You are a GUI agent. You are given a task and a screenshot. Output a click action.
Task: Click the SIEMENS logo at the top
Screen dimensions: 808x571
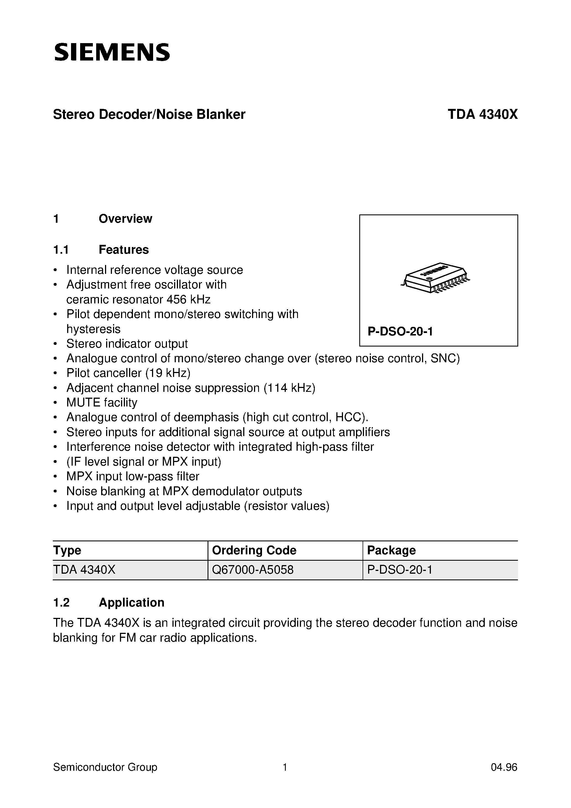click(112, 53)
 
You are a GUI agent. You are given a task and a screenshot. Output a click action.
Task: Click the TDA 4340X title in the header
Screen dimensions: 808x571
click(482, 115)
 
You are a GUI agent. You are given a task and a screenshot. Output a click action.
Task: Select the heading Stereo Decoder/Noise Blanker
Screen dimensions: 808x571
click(149, 115)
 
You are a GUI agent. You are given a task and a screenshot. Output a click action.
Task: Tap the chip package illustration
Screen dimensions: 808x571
click(436, 278)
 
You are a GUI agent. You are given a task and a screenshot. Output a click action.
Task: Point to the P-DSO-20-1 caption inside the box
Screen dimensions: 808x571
click(400, 332)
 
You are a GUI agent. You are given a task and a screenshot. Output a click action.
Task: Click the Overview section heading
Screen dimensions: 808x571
click(125, 219)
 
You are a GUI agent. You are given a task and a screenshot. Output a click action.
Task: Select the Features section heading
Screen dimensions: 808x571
click(124, 250)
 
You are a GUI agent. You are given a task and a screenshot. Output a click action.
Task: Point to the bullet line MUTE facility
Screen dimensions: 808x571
click(101, 403)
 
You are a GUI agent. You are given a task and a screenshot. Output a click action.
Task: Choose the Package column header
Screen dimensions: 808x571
click(391, 550)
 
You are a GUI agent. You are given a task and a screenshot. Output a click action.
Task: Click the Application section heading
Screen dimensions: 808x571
click(131, 602)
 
